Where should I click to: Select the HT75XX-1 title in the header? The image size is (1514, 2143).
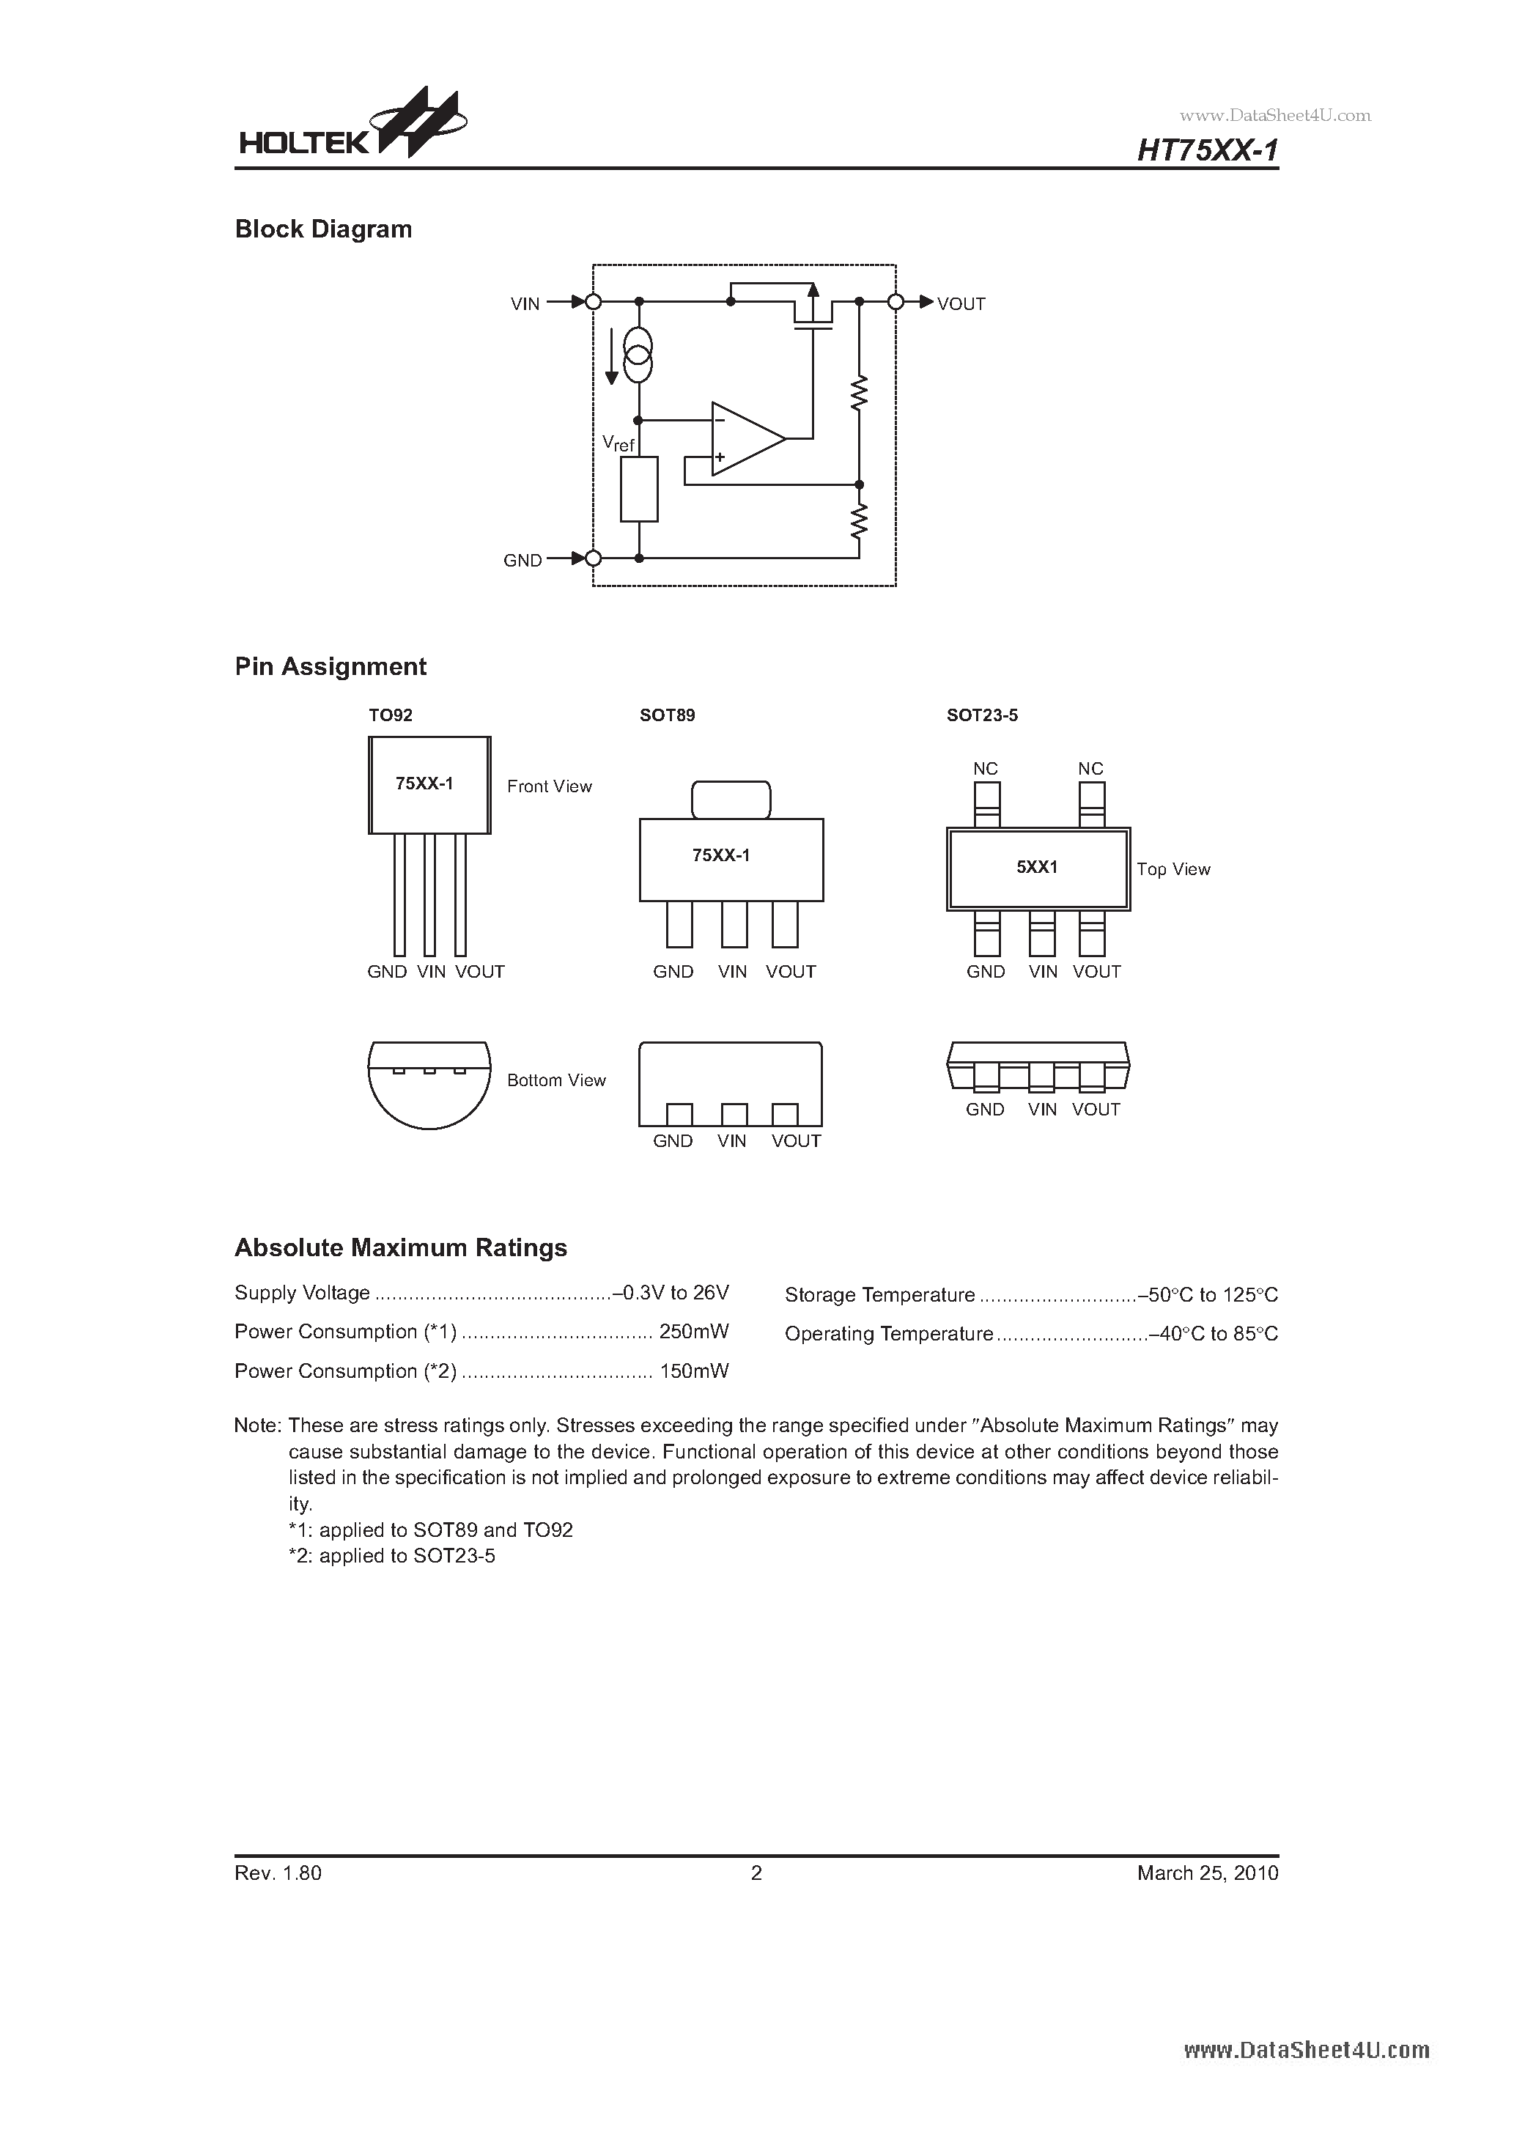(x=1207, y=150)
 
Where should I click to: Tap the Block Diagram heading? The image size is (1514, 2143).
(x=323, y=229)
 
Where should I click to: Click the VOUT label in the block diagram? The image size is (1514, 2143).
(x=961, y=303)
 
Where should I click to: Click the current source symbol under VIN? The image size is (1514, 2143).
(x=638, y=355)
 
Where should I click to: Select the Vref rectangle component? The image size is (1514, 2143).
(x=640, y=489)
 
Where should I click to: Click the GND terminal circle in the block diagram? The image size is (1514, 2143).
(x=593, y=558)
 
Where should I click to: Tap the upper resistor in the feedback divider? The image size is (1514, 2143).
(x=859, y=392)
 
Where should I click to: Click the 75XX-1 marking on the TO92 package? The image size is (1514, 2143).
(x=425, y=784)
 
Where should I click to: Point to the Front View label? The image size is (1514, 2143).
(x=549, y=787)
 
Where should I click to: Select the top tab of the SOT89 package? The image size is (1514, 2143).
(x=731, y=800)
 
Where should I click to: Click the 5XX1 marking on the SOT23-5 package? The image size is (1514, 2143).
(x=1037, y=867)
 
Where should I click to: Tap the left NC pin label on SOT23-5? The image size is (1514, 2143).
(x=985, y=769)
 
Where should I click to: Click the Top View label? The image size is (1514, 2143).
(x=1173, y=870)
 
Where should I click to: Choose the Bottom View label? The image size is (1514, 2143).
(x=556, y=1081)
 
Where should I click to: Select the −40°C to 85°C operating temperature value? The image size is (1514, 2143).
(x=1214, y=1335)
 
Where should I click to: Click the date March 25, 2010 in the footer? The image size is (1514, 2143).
(x=1207, y=1873)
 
